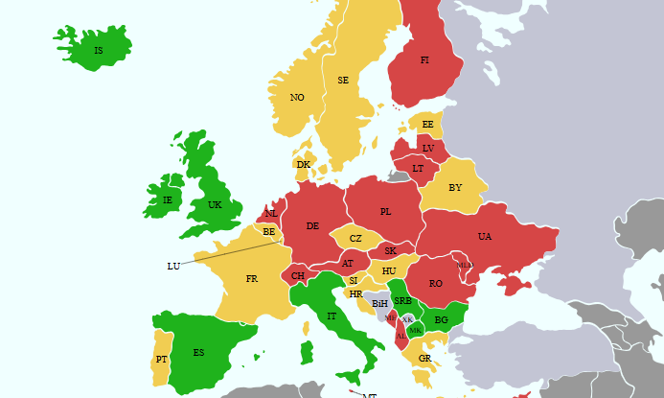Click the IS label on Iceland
coord(98,51)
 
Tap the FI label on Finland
coord(424,59)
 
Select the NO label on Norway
coord(297,98)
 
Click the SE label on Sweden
coord(343,81)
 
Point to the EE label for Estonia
coord(427,125)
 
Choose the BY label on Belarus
coord(455,188)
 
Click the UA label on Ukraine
coord(485,237)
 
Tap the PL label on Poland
coord(385,212)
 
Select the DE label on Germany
coord(312,226)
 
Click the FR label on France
coord(251,279)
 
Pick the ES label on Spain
coord(198,352)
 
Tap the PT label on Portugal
coord(161,360)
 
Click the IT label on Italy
coord(332,316)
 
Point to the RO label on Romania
coord(436,284)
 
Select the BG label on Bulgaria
coord(441,320)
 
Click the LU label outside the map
coord(173,266)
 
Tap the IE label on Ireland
coord(168,200)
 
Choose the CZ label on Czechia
coord(355,239)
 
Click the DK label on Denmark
coord(303,165)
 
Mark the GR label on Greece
coord(424,359)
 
